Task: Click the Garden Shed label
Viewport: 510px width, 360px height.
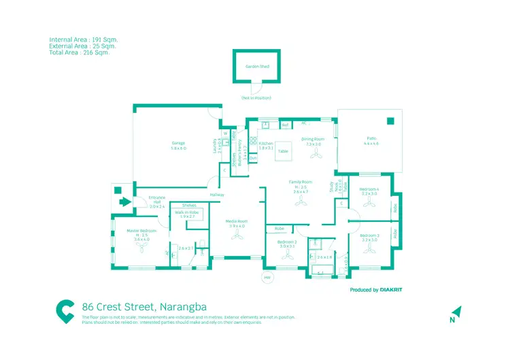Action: pyautogui.click(x=256, y=67)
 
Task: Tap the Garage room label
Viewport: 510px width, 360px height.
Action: pyautogui.click(x=179, y=144)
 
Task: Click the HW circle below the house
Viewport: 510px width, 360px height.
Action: pyautogui.click(x=267, y=278)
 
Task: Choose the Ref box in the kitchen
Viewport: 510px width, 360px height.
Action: pyautogui.click(x=286, y=126)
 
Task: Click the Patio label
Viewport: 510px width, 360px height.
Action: pyautogui.click(x=371, y=139)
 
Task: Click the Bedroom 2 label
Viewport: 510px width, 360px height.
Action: pyautogui.click(x=286, y=242)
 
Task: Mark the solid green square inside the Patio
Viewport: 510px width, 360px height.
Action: pyautogui.click(x=390, y=122)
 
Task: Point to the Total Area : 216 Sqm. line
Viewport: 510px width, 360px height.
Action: pyautogui.click(x=79, y=52)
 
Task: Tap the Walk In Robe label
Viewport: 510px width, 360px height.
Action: pyautogui.click(x=186, y=212)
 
